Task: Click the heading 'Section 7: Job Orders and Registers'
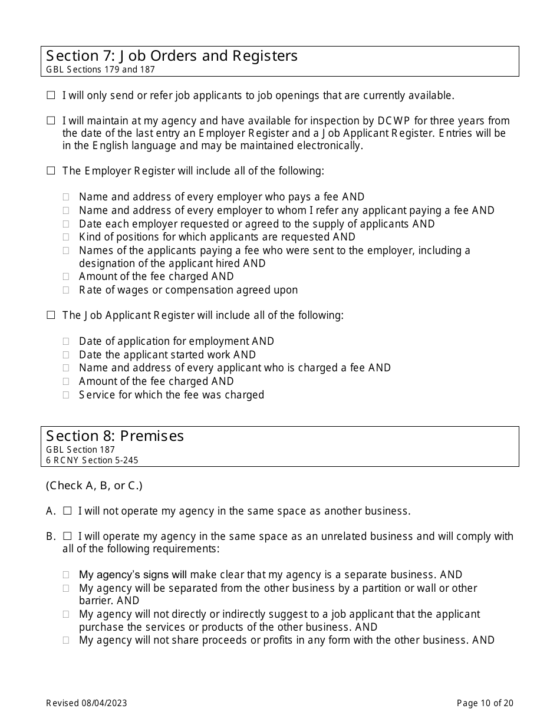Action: point(172,56)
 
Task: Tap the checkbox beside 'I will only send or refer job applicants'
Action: point(51,95)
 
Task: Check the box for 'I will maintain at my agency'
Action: point(51,121)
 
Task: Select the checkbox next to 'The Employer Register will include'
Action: point(51,171)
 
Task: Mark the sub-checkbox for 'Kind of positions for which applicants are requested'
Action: point(67,237)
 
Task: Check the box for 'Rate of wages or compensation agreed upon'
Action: point(67,290)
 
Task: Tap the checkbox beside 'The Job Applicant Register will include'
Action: point(51,315)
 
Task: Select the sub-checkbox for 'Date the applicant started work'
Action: point(67,355)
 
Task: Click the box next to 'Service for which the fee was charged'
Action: point(67,395)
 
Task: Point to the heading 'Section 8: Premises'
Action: point(115,436)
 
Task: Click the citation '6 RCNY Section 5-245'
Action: point(92,460)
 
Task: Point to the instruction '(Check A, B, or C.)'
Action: point(94,486)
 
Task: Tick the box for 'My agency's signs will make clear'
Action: point(67,575)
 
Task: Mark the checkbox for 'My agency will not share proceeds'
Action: point(67,640)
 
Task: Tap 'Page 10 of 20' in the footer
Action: point(485,703)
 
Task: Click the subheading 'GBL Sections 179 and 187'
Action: point(100,70)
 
